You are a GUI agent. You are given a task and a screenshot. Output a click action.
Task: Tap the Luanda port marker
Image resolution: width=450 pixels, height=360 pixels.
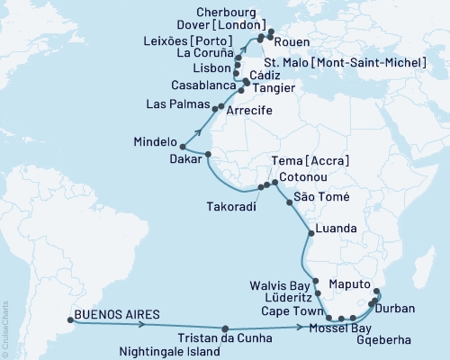tap(310, 234)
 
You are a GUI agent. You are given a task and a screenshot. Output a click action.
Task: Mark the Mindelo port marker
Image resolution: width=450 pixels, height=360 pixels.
tap(182, 146)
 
